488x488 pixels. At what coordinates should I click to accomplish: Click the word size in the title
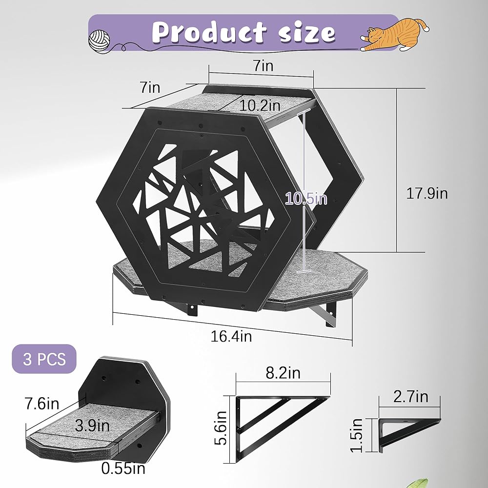tap(307, 33)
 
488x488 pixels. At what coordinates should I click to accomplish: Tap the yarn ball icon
tap(99, 41)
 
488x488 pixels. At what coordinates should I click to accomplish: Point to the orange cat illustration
tap(395, 35)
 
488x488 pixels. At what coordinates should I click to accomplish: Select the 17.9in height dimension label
tap(427, 193)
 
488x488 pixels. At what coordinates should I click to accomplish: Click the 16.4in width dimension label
tap(231, 336)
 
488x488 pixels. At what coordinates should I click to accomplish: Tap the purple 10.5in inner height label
tap(306, 198)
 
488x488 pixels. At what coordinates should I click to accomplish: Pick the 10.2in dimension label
tap(260, 105)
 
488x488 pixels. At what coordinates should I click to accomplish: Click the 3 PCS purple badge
tap(44, 359)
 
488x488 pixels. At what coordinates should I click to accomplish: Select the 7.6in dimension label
tap(42, 404)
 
